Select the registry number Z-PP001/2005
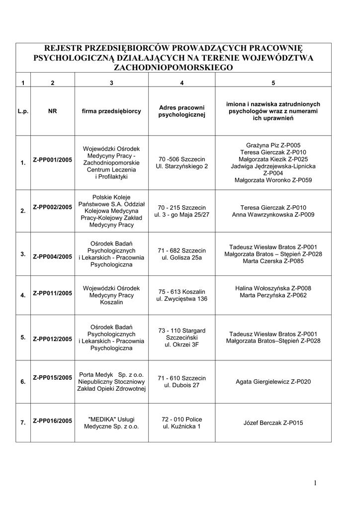pos(53,160)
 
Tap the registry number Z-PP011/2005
pos(53,293)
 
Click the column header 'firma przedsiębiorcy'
pos(112,111)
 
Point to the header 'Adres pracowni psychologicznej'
pos(181,111)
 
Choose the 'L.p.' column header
pos(23,111)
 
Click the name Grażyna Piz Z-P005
pos(273,145)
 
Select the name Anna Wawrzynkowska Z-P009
pos(273,215)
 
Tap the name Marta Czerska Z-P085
pos(273,261)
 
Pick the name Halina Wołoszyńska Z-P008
pos(273,288)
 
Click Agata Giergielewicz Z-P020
pos(273,382)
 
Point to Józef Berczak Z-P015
pos(273,423)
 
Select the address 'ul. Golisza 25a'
pos(181,258)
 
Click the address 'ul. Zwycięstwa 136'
pos(181,299)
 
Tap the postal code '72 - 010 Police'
pos(181,419)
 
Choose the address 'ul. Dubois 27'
pos(181,385)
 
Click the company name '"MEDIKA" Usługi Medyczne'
pos(112,423)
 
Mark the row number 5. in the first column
pos(23,337)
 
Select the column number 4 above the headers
pos(181,83)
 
